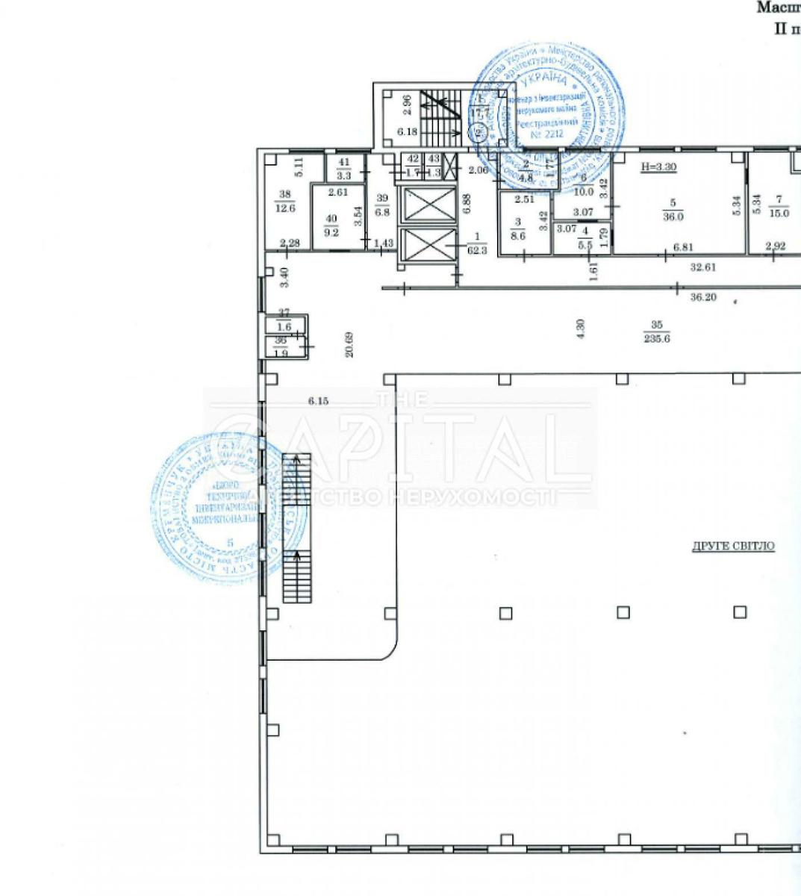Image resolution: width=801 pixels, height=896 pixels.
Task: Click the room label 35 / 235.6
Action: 658,331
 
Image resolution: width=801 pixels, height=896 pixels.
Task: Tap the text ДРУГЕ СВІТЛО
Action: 733,547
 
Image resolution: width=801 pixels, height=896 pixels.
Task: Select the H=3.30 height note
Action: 658,168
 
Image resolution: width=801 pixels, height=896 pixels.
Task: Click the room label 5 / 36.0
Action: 674,211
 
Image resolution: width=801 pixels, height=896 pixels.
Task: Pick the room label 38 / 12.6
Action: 285,202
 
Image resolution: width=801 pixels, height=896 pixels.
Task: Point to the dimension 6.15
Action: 319,401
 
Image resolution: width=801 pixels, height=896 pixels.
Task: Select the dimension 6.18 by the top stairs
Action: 407,131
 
